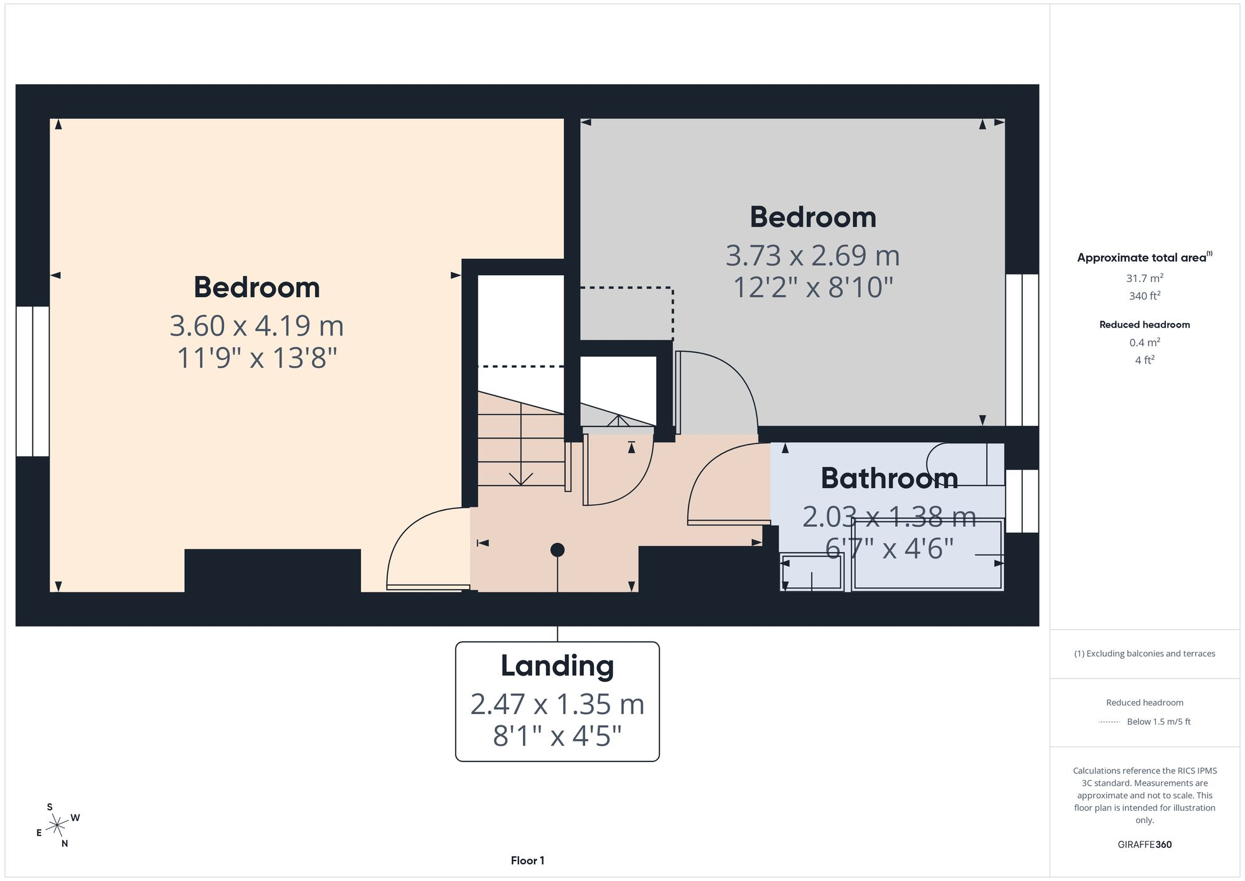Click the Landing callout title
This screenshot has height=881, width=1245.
pyautogui.click(x=557, y=666)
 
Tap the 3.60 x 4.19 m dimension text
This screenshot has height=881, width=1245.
pyautogui.click(x=256, y=326)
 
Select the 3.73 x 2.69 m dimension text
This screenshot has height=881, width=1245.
pyautogui.click(x=812, y=255)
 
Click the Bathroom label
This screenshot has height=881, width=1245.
pyautogui.click(x=889, y=478)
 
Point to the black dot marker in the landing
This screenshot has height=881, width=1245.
pyautogui.click(x=557, y=550)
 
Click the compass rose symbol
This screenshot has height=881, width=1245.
pyautogui.click(x=57, y=826)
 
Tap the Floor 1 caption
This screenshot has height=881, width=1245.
pyautogui.click(x=527, y=860)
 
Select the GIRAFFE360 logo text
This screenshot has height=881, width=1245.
pyautogui.click(x=1144, y=844)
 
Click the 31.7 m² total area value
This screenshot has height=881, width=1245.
pyautogui.click(x=1144, y=278)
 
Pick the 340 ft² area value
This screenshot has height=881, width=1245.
pyautogui.click(x=1144, y=296)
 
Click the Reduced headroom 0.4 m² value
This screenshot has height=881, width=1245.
pyautogui.click(x=1144, y=342)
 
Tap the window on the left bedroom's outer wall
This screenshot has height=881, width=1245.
pyautogui.click(x=32, y=381)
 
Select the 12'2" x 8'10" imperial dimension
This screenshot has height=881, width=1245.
pyautogui.click(x=812, y=288)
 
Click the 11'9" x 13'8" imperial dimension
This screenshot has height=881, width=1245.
pyautogui.click(x=256, y=358)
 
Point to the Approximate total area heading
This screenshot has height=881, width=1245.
pyautogui.click(x=1144, y=257)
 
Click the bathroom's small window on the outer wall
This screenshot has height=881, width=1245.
pyautogui.click(x=1022, y=501)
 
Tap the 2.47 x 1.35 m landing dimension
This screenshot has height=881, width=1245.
pyautogui.click(x=557, y=704)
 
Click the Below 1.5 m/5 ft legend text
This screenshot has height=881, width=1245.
pyautogui.click(x=1158, y=722)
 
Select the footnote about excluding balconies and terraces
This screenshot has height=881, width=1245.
pyautogui.click(x=1144, y=653)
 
